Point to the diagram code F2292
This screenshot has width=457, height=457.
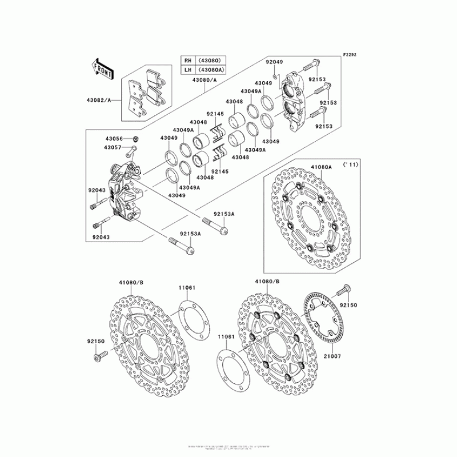coord(349,55)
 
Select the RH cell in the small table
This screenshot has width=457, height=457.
coord(187,61)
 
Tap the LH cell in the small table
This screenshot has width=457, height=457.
coord(187,70)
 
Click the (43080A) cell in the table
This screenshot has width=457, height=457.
coord(211,70)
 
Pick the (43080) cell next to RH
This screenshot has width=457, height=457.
coord(211,61)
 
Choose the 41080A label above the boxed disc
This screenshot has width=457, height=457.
coord(320,167)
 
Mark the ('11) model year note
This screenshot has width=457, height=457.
coord(350,165)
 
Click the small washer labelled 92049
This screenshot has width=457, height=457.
coord(275,74)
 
